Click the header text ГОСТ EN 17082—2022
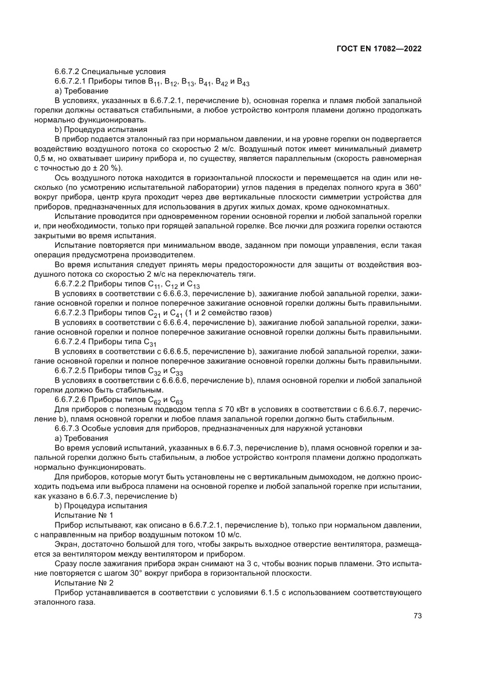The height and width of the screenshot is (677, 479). click(378, 49)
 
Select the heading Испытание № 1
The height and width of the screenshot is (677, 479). click(83, 514)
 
